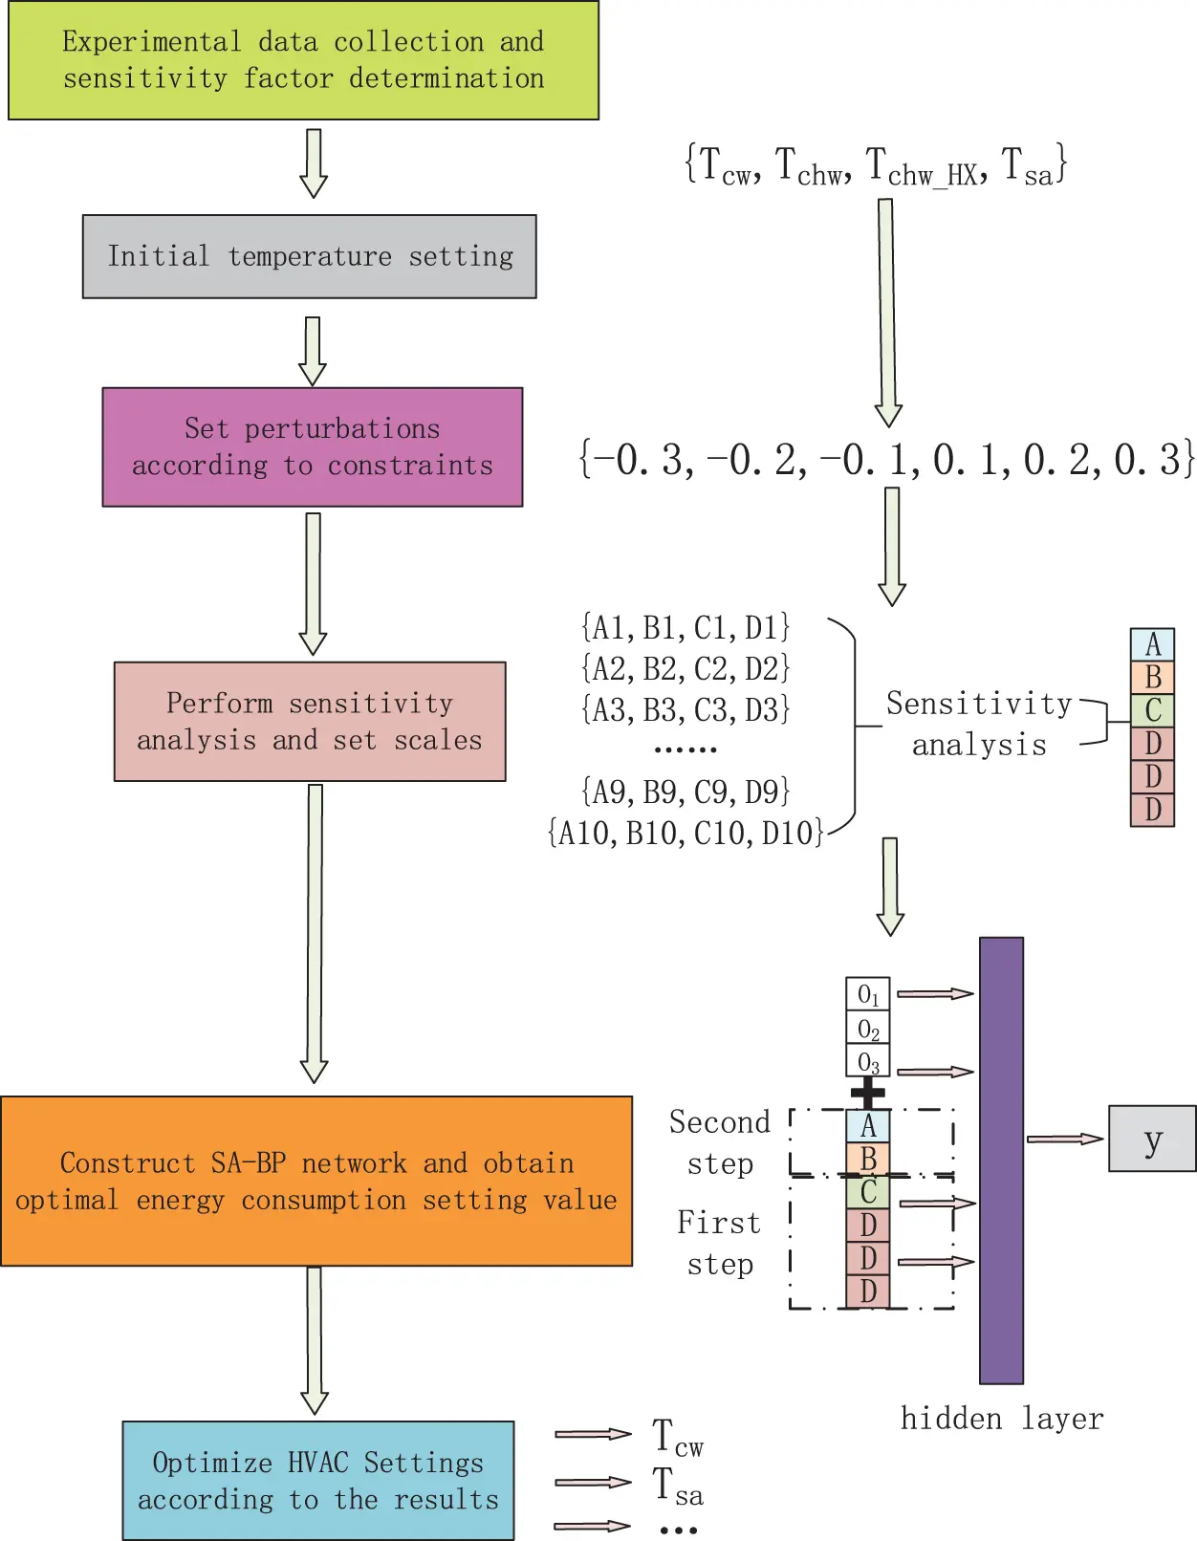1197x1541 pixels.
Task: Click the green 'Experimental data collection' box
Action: coord(303,60)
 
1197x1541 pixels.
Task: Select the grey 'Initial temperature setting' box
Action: coord(309,256)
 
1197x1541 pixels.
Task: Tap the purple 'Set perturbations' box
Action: coord(312,446)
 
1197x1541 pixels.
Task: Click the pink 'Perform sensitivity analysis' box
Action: coord(309,721)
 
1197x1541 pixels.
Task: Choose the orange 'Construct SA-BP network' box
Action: coord(316,1181)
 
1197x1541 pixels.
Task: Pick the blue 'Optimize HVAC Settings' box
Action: coord(317,1480)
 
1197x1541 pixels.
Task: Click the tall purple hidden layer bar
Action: coord(1001,1160)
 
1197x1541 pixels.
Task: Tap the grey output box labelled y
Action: coord(1152,1139)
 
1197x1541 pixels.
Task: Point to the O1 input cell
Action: coord(867,994)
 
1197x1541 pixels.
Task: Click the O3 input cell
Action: coord(867,1061)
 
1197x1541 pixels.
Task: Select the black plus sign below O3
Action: coord(867,1092)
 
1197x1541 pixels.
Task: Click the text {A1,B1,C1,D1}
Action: coord(686,628)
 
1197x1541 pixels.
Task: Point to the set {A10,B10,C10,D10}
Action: coord(686,833)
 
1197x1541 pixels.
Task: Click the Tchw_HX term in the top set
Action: coord(924,166)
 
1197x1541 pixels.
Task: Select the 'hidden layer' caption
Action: coord(1001,1419)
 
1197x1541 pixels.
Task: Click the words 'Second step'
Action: coord(720,1142)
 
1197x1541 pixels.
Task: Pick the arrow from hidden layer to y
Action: coord(1065,1139)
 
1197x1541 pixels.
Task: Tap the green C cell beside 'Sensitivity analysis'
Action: coord(1152,710)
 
